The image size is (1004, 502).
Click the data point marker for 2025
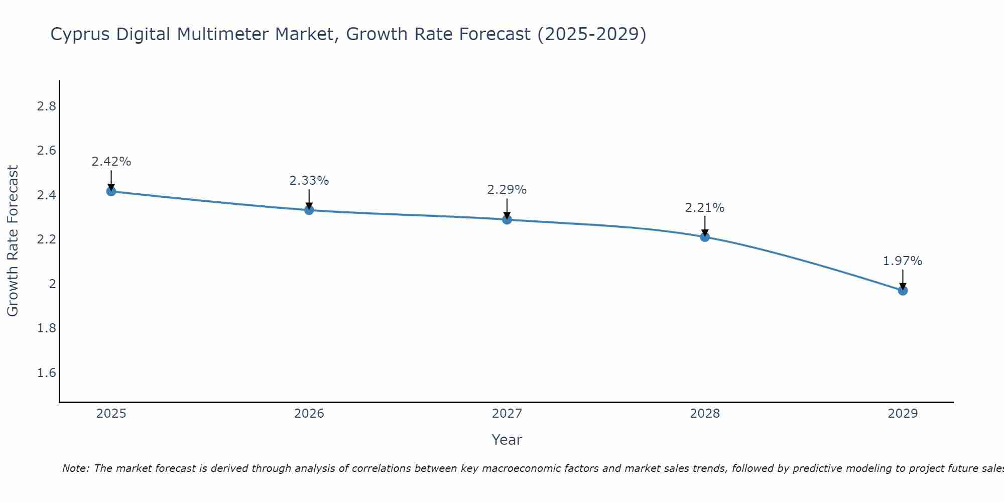pos(111,191)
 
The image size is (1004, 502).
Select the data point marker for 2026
pos(309,210)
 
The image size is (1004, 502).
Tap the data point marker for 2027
pos(507,219)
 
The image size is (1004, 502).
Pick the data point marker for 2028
pos(705,237)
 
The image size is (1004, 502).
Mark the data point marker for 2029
pos(903,291)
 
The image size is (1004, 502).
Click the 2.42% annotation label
pos(111,162)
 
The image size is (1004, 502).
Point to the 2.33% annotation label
pos(309,181)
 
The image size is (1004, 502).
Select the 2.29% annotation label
pos(507,190)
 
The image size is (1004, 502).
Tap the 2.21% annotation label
pos(705,208)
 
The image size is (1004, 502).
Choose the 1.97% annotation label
pos(903,261)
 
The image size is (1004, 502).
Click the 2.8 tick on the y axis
pos(46,106)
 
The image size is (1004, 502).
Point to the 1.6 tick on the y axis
pos(46,373)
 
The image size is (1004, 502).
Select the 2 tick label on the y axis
pos(52,284)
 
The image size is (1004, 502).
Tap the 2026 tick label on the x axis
pos(309,414)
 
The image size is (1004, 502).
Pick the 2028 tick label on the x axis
pos(705,414)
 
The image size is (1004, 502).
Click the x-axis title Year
pos(507,440)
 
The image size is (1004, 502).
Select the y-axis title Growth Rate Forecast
pos(13,241)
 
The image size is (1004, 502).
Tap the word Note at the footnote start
pos(75,468)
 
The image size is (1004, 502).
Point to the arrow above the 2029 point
pos(903,279)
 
